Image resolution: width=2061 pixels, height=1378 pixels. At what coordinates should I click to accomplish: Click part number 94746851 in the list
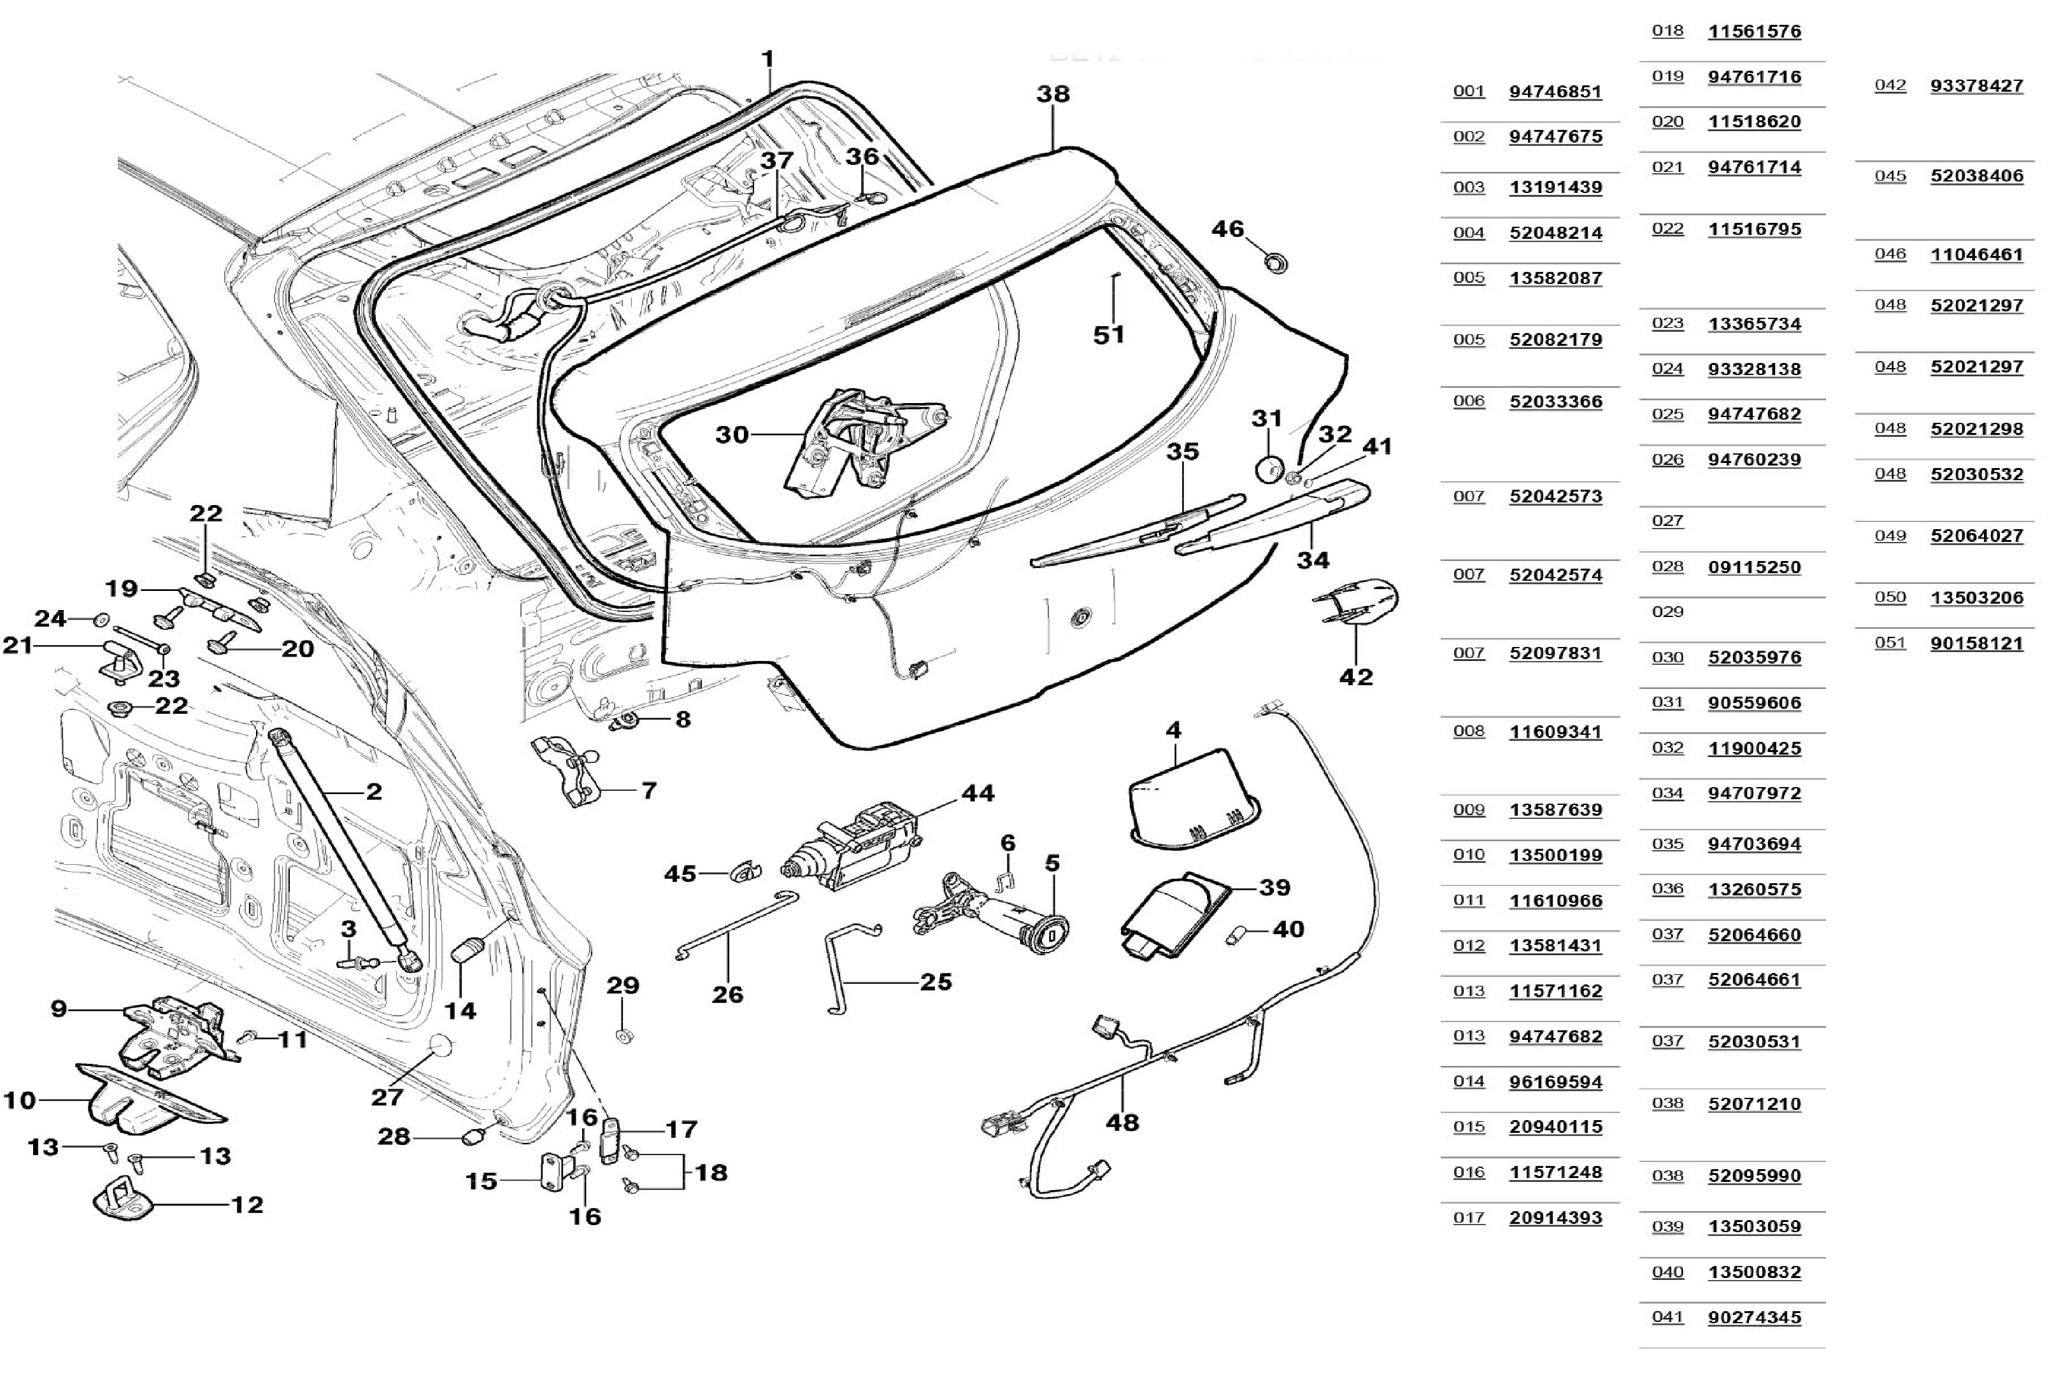point(1555,92)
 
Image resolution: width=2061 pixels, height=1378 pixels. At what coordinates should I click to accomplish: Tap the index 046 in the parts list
point(1890,254)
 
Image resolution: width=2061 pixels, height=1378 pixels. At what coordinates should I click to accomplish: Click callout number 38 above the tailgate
point(1053,94)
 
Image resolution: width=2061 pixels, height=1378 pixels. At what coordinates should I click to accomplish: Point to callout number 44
point(978,793)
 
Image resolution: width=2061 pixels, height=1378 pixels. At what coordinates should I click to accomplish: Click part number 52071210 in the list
point(1754,1104)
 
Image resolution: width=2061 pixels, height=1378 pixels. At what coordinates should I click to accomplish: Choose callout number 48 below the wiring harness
point(1122,1122)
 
